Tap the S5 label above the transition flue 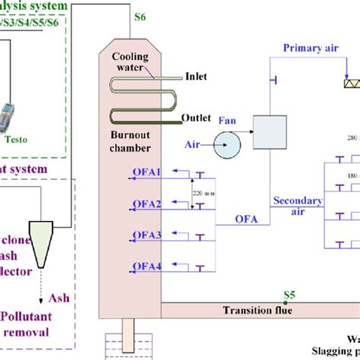click(x=289, y=295)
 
